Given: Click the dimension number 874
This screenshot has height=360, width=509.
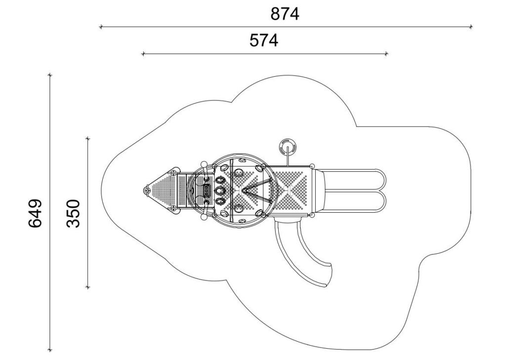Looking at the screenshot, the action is (x=285, y=14).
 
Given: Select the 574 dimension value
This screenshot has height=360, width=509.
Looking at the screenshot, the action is (x=263, y=41).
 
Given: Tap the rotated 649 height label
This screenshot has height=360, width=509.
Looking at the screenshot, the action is (x=35, y=213).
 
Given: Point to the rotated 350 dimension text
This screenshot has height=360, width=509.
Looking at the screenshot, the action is (x=73, y=214).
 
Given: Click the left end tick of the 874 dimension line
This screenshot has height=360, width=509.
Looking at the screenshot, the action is (x=101, y=27).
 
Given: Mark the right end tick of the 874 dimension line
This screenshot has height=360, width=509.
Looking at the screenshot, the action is (x=471, y=27).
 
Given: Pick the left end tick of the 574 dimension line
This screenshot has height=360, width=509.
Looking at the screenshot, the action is (x=143, y=53).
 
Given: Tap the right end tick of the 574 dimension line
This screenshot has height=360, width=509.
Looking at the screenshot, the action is (x=386, y=53).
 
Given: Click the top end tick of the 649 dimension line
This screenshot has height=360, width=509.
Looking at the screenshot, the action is (x=50, y=75).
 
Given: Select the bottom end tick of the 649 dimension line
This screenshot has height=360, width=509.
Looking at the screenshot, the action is (x=50, y=350).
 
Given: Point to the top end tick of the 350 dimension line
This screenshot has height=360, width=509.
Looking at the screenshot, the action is (x=87, y=139).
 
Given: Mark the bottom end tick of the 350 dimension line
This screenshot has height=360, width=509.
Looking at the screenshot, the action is (x=87, y=287).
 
